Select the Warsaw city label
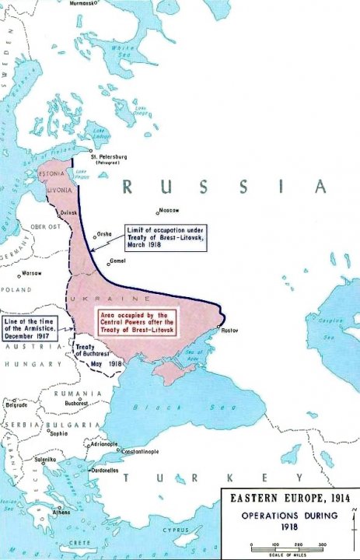[32, 274]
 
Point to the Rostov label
[231, 331]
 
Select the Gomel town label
[117, 261]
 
